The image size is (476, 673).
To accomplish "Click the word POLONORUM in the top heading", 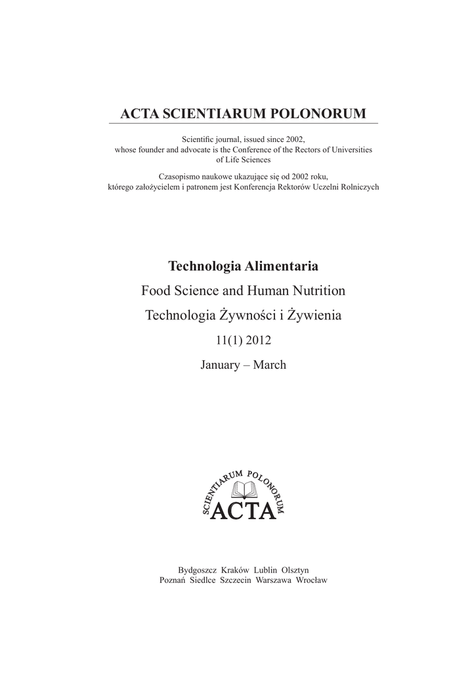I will pyautogui.click(x=323, y=114).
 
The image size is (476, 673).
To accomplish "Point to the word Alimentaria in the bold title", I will pyautogui.click(x=283, y=266).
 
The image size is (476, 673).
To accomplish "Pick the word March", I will pyautogui.click(x=270, y=364).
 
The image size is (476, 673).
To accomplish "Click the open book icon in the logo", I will pyautogui.click(x=244, y=489).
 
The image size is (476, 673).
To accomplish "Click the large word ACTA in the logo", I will pyautogui.click(x=242, y=510).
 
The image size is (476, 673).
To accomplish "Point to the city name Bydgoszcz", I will pyautogui.click(x=198, y=570).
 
